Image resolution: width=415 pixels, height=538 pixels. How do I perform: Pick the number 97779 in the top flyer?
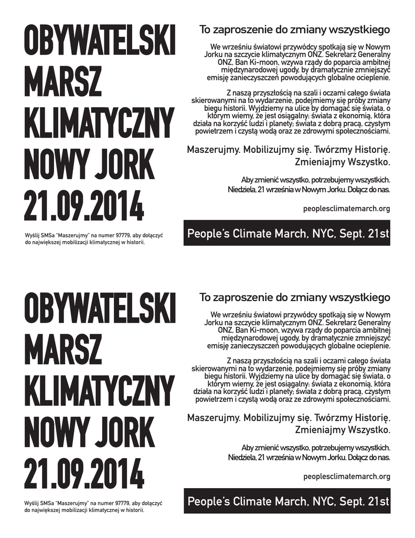(113, 236)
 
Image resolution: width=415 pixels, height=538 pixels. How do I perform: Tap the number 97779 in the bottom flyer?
(113, 503)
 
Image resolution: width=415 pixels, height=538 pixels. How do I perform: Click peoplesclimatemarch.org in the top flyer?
(347, 209)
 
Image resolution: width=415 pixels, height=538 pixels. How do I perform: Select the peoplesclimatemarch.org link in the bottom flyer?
(347, 477)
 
